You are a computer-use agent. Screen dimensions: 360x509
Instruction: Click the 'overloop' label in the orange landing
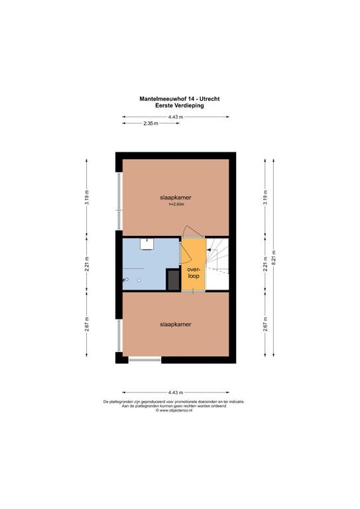coord(193,272)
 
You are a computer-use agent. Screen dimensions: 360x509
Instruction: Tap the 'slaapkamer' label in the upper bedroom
coord(175,198)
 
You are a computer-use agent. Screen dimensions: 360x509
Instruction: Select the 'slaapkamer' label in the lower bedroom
coord(175,324)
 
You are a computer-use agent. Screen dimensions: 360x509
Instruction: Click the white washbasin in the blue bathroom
coord(147,244)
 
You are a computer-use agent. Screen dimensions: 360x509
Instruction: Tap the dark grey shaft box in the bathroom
coord(173,279)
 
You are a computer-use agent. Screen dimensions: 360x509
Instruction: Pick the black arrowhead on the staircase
coord(209,250)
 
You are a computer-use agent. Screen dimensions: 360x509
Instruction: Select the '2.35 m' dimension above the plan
coord(150,123)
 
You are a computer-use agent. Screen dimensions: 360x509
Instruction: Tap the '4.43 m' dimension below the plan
coord(176,392)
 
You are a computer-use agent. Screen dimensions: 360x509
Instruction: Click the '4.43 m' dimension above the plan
coord(176,117)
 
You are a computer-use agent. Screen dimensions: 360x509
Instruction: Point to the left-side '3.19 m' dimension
coord(87,197)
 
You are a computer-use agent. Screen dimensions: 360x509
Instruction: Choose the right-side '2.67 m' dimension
coord(266,324)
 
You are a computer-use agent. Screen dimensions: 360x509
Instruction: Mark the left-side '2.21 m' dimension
coord(87,264)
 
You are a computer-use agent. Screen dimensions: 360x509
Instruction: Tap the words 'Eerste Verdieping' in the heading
coord(180,105)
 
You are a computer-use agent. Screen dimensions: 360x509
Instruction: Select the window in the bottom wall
coord(145,360)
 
